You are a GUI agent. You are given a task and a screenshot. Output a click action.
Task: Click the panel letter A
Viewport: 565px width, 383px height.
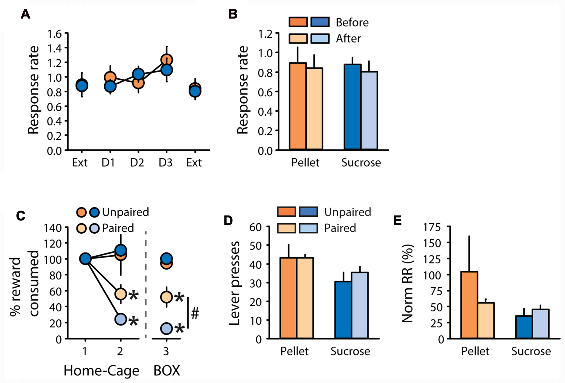[x=25, y=14]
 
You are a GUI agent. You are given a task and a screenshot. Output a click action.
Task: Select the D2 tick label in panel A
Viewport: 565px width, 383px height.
[x=137, y=163]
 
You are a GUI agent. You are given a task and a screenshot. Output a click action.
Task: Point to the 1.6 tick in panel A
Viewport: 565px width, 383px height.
[x=54, y=34]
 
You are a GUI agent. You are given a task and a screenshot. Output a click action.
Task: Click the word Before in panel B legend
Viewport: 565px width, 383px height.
[x=352, y=22]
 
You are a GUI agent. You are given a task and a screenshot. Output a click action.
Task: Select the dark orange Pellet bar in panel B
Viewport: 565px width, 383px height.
[x=297, y=106]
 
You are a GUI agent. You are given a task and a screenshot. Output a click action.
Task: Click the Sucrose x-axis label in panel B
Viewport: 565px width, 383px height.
[x=361, y=163]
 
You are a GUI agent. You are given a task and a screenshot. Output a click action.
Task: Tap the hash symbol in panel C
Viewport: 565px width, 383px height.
[x=195, y=314]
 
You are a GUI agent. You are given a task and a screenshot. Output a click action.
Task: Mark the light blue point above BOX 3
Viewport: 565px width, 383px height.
[x=167, y=328]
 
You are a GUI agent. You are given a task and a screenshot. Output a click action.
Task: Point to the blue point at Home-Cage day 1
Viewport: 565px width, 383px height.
[x=85, y=259]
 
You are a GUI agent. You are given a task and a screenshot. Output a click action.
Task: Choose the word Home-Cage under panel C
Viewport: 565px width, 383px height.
[x=101, y=371]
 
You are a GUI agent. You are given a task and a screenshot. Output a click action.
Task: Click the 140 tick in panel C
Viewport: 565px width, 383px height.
[x=53, y=228]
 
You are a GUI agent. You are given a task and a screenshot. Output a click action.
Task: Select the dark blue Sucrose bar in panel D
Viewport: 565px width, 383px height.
[x=343, y=310]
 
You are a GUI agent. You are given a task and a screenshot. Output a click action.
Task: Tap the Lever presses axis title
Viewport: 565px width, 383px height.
[x=235, y=283]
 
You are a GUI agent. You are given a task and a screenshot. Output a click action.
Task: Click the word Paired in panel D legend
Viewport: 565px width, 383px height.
[x=340, y=228]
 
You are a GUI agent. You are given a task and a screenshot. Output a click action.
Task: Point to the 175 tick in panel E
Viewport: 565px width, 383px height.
[x=432, y=227]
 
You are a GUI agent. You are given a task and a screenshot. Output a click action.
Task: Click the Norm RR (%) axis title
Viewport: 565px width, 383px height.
[x=408, y=283]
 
